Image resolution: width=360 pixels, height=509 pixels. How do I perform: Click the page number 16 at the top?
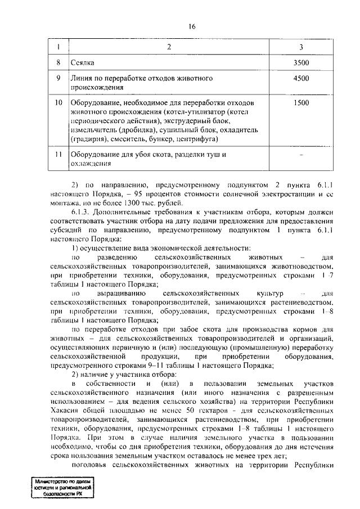pyautogui.click(x=192, y=26)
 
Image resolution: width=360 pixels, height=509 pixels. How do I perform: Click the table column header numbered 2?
pyautogui.click(x=169, y=47)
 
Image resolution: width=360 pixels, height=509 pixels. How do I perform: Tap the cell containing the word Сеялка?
pyautogui.click(x=82, y=61)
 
